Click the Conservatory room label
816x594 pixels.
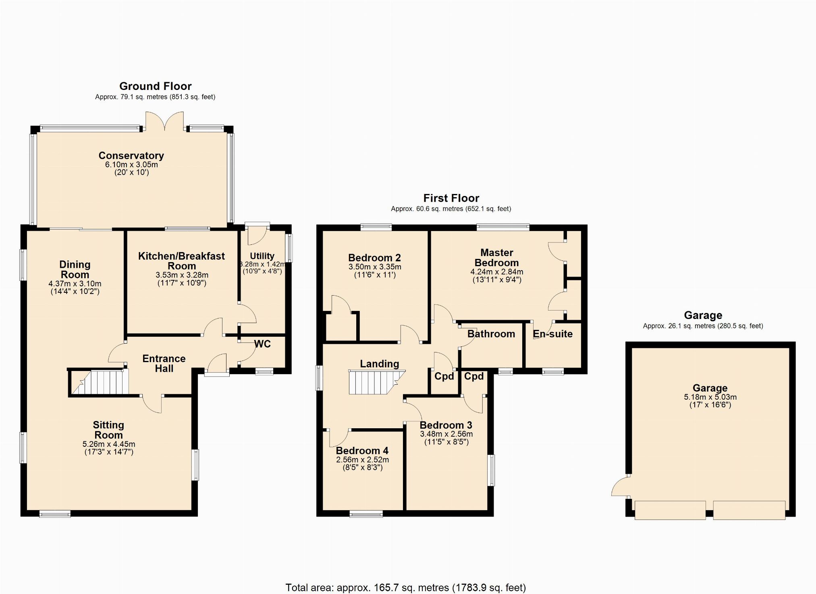tap(131, 156)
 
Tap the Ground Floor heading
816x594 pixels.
tap(156, 86)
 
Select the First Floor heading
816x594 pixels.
tap(451, 198)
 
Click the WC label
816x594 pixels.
tap(262, 344)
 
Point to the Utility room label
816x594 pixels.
tap(262, 256)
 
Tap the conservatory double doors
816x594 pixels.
tap(165, 121)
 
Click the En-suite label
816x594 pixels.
tap(553, 334)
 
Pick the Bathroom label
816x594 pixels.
tap(491, 334)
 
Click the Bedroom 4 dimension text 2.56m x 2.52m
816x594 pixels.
tap(363, 460)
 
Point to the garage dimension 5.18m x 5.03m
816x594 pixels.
tap(710, 397)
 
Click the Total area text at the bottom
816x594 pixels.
tap(406, 588)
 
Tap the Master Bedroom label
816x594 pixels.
tap(497, 258)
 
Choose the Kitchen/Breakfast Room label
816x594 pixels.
tap(182, 261)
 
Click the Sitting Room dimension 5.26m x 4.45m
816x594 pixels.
tap(109, 444)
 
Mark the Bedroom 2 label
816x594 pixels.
tap(375, 258)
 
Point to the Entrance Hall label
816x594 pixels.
tap(164, 363)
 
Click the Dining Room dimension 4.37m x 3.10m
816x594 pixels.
tap(75, 283)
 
